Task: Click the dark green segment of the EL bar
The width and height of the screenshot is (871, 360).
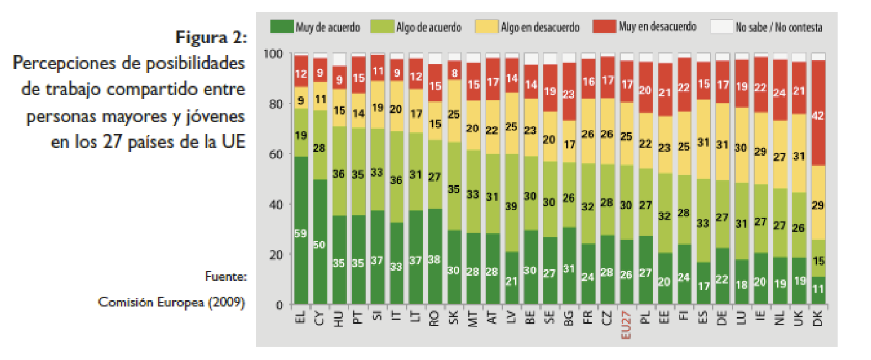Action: pyautogui.click(x=301, y=230)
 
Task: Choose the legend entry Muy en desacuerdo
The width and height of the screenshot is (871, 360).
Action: pyautogui.click(x=657, y=26)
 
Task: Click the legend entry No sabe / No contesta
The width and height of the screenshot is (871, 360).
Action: pyautogui.click(x=778, y=27)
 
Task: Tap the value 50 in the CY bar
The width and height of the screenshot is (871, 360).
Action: pyautogui.click(x=320, y=245)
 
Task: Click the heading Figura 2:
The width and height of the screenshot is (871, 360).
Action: pyautogui.click(x=211, y=39)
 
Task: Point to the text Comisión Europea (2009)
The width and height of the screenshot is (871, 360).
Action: pyautogui.click(x=171, y=302)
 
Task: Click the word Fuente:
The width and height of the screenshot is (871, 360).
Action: pyautogui.click(x=226, y=277)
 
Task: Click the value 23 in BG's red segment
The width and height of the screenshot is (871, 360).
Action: pyautogui.click(x=568, y=93)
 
